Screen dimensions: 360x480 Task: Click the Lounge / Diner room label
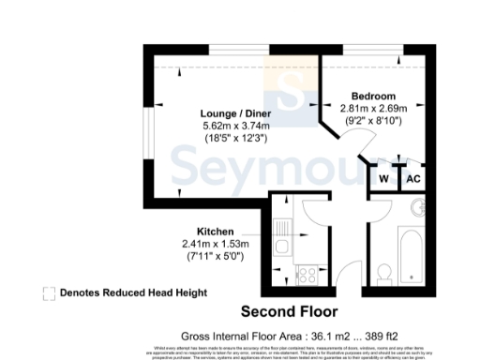click(x=222, y=112)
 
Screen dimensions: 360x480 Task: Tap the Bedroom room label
click(x=373, y=97)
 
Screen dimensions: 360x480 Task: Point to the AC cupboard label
click(x=413, y=177)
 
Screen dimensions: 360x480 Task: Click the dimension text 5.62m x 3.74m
click(x=222, y=125)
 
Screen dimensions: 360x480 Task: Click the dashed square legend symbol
click(x=48, y=292)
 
